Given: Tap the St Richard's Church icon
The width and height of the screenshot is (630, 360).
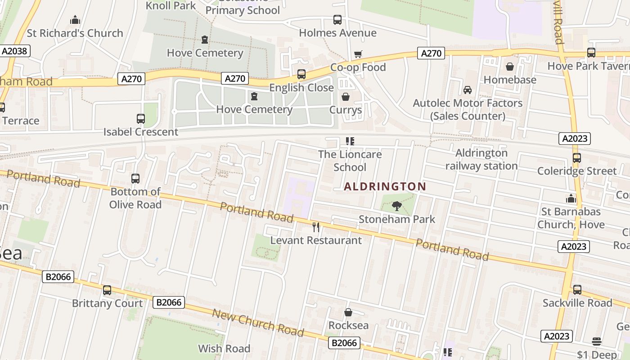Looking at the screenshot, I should (x=75, y=20).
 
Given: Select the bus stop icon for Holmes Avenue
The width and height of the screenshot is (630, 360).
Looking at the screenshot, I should (x=337, y=20).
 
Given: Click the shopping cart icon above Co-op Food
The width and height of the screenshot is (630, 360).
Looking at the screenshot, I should (x=358, y=54).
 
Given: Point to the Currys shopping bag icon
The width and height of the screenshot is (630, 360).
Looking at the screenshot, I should (x=346, y=97).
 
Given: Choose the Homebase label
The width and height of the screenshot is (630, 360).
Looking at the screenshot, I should (x=510, y=80).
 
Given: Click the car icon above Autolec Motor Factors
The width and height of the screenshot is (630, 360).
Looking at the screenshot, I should (x=468, y=90).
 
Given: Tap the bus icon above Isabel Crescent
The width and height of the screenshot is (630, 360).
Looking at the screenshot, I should (x=141, y=119).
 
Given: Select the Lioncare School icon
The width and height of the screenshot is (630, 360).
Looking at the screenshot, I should (x=350, y=141).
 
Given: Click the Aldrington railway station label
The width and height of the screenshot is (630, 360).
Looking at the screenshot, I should (x=481, y=159).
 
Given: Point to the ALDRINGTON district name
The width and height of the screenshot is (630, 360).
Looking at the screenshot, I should (x=385, y=186).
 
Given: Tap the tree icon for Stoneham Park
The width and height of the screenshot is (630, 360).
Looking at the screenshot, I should (x=396, y=206).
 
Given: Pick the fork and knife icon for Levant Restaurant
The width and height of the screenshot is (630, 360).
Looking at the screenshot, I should (x=316, y=227).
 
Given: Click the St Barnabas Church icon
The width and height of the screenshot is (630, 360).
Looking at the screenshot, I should (x=571, y=198).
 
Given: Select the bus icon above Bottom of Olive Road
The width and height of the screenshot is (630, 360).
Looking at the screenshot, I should (x=135, y=179).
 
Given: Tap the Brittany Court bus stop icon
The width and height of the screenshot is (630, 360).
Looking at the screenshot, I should (x=107, y=290).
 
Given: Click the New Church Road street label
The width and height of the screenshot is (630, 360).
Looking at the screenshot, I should (x=258, y=323).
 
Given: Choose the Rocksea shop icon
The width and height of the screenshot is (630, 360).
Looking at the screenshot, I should (x=348, y=312).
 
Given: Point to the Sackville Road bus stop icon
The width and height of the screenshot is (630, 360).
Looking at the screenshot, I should (x=577, y=290).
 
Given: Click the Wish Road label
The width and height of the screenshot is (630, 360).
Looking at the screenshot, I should (x=224, y=348).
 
